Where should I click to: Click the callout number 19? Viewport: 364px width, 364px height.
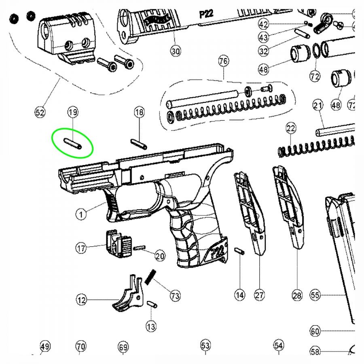click(73, 112)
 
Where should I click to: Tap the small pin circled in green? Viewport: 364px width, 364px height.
click(73, 144)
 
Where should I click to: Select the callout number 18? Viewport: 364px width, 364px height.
click(139, 112)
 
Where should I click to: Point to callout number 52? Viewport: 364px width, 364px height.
click(40, 112)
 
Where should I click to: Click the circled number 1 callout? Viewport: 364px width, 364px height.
click(81, 214)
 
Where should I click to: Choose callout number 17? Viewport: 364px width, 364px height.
click(81, 248)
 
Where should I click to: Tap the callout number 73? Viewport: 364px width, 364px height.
click(175, 296)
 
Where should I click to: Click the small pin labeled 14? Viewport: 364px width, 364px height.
click(239, 251)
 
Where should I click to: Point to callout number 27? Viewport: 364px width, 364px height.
click(259, 296)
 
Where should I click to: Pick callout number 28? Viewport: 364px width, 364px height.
click(297, 296)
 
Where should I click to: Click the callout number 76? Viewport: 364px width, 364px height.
click(223, 61)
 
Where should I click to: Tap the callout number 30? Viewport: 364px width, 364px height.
click(175, 51)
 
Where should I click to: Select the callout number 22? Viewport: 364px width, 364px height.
click(291, 129)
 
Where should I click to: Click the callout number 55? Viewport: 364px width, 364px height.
click(315, 296)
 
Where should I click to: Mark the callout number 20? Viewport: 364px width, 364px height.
click(160, 256)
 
